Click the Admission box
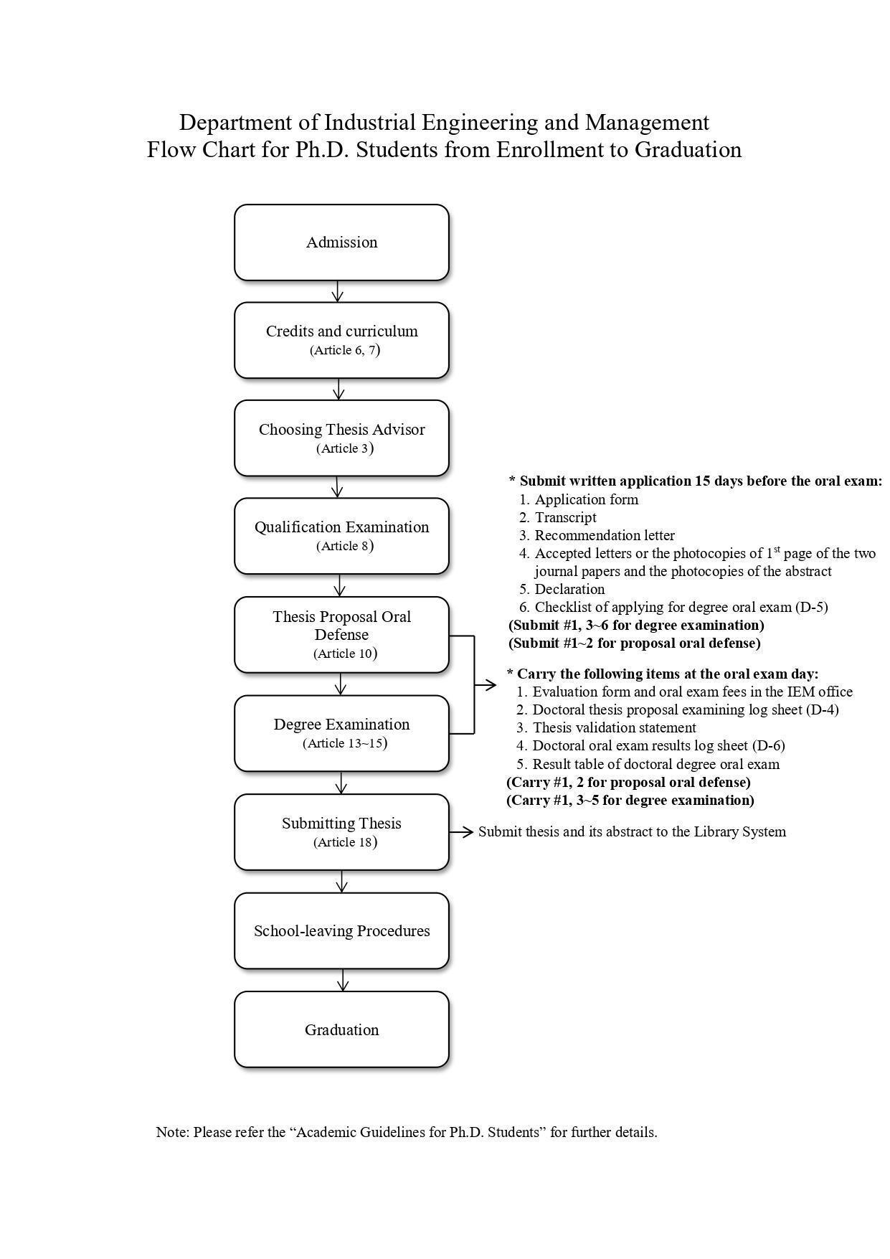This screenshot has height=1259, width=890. click(x=341, y=242)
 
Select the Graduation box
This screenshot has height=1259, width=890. click(x=341, y=1029)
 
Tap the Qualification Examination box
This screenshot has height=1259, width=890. click(x=341, y=535)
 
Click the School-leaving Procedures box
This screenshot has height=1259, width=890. click(x=341, y=930)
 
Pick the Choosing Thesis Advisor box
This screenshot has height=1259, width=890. click(x=341, y=438)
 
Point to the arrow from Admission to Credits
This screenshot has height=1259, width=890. click(x=338, y=291)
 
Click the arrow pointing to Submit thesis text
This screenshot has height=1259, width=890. click(x=462, y=831)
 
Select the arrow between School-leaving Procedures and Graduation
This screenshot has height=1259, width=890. click(x=342, y=980)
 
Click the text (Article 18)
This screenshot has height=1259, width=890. click(x=345, y=842)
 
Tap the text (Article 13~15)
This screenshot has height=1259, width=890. click(x=345, y=743)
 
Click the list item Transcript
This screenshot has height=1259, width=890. click(x=565, y=517)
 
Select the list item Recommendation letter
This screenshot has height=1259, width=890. click(x=604, y=535)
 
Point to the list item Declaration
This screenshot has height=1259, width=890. click(x=569, y=589)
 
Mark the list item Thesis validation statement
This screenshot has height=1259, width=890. click(x=614, y=727)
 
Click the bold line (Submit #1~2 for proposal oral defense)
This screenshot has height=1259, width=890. click(x=635, y=643)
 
